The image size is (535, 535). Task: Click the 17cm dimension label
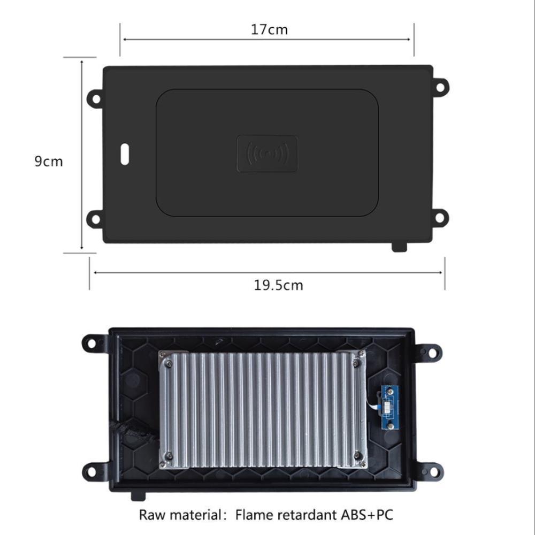269,29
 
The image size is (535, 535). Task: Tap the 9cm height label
49,161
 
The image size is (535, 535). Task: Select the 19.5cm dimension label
278,285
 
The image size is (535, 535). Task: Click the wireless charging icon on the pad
267,154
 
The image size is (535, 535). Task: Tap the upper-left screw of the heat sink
169,363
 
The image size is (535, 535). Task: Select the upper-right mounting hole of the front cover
440,86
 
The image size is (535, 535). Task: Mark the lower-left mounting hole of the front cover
95,218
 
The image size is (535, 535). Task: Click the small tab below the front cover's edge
399,247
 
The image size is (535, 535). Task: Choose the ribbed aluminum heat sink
262,409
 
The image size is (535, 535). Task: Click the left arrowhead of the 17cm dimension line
124,39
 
